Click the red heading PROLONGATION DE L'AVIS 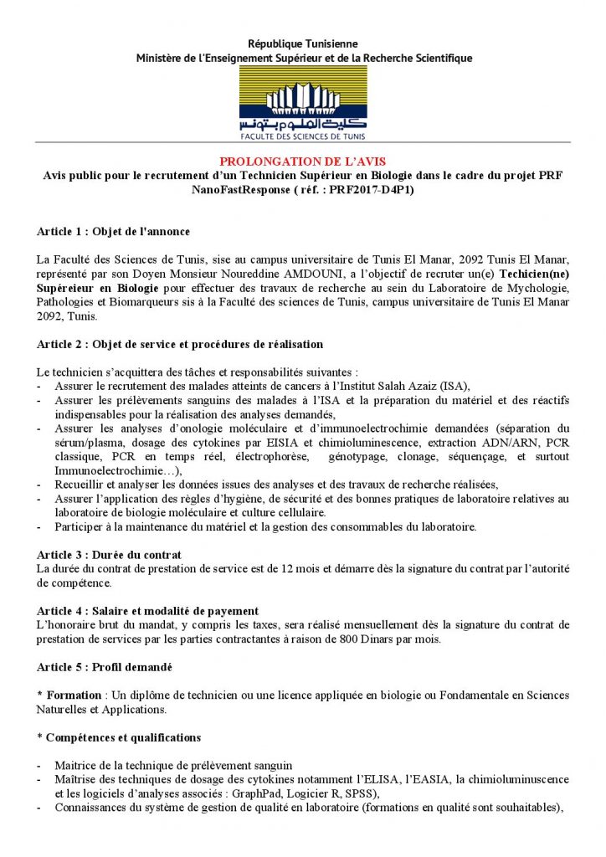(x=303, y=161)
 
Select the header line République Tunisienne (x=303, y=44)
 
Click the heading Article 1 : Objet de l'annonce (x=113, y=231)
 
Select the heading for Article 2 (x=180, y=344)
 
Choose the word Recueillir (x=82, y=485)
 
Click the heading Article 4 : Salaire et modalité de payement (x=147, y=611)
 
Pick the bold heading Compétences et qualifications (x=123, y=737)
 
